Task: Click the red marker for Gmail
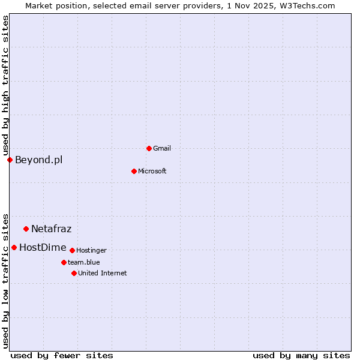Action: [x=149, y=148]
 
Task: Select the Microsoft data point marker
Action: [x=134, y=171]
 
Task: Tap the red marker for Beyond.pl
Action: [x=10, y=160]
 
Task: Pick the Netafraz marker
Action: [x=26, y=229]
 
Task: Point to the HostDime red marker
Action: [x=14, y=247]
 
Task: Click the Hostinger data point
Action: [x=72, y=250]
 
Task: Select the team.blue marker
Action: [x=64, y=262]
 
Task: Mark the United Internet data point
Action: [x=74, y=273]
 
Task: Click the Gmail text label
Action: [x=162, y=148]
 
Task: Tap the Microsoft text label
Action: [x=152, y=171]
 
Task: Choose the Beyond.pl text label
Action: [x=38, y=160]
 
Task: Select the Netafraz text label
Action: [x=51, y=229]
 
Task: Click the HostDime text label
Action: [x=43, y=247]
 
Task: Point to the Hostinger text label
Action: [x=91, y=250]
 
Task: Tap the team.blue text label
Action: [x=84, y=262]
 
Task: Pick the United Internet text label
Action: [x=102, y=273]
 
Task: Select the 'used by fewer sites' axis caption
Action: [x=62, y=355]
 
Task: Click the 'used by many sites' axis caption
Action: [x=301, y=355]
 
